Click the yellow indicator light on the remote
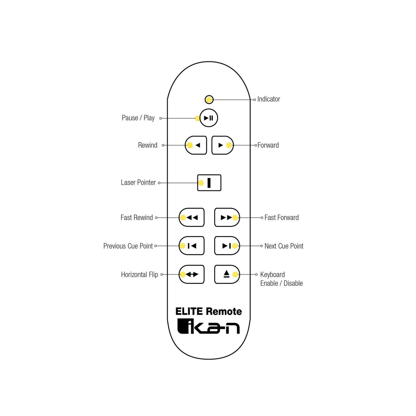click(209, 99)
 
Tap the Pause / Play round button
click(209, 118)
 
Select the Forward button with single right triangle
click(222, 145)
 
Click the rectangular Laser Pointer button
click(209, 183)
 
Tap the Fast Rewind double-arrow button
click(192, 217)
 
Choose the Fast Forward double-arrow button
click(227, 217)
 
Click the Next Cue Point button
click(227, 246)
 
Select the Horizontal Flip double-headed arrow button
click(192, 274)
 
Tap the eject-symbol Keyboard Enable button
click(227, 274)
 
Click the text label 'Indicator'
click(269, 99)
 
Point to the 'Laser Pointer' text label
click(138, 182)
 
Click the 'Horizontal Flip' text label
click(139, 274)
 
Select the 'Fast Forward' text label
click(282, 217)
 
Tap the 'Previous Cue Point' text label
click(128, 246)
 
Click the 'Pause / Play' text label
click(138, 118)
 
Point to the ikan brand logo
click(208, 326)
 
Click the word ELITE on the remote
click(189, 311)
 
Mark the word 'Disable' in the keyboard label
click(293, 283)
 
